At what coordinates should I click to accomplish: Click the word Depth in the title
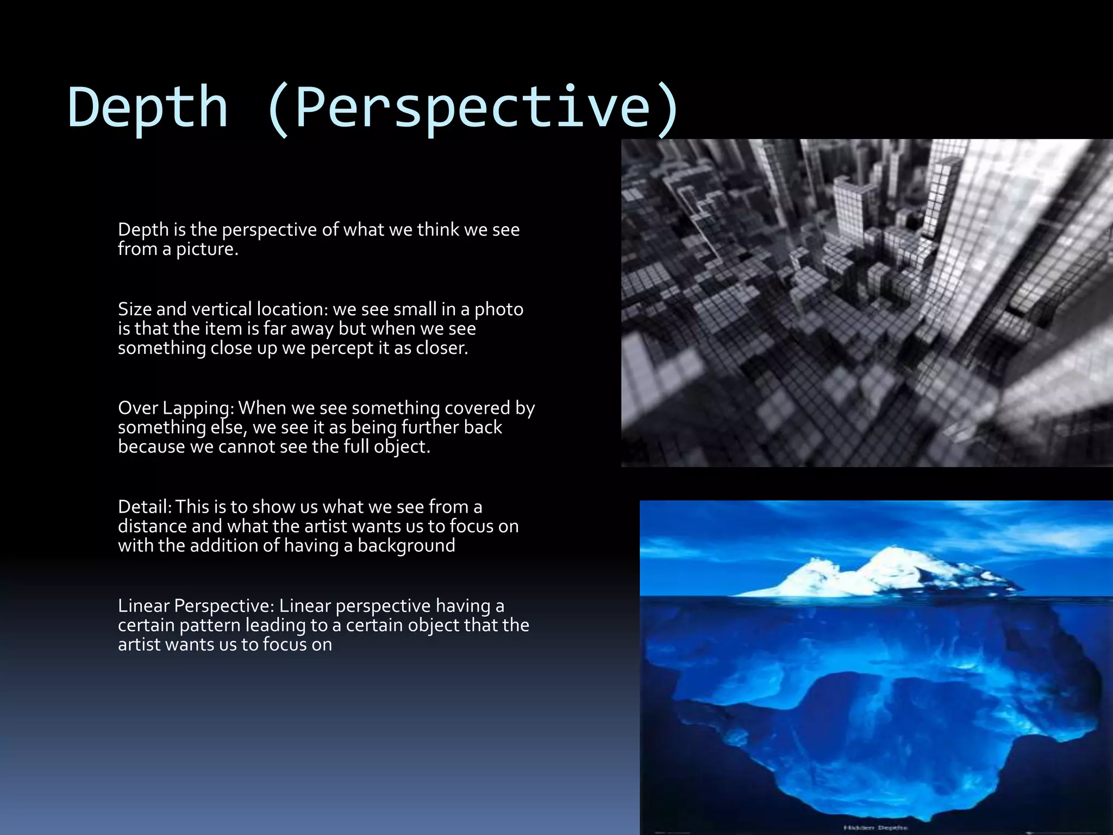pos(147,107)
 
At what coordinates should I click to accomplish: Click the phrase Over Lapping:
pos(176,408)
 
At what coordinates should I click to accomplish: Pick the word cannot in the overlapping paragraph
pos(247,446)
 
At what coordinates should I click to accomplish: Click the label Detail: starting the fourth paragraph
pos(145,507)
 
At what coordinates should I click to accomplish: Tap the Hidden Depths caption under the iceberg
pos(875,827)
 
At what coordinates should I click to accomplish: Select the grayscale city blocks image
pos(867,303)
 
